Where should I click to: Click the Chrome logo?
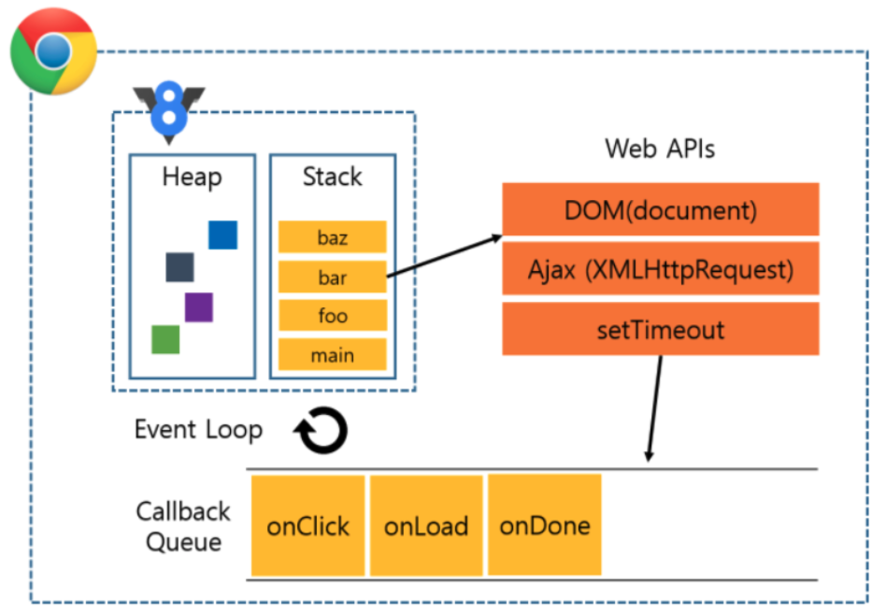[x=52, y=52]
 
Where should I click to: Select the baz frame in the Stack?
[x=332, y=237]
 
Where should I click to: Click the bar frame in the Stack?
[x=332, y=277]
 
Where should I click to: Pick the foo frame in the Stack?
[x=332, y=316]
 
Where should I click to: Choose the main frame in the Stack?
[x=332, y=355]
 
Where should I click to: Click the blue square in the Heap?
[x=222, y=235]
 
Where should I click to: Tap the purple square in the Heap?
[x=198, y=306]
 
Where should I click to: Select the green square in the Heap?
[x=165, y=339]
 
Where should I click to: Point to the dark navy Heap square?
[x=179, y=266]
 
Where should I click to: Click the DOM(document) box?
[x=660, y=209]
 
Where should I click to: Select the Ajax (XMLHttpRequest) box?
[x=660, y=270]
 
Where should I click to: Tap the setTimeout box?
[x=660, y=329]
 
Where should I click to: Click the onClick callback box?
[x=308, y=525]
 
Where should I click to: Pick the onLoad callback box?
[x=426, y=525]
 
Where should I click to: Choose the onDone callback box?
[x=545, y=524]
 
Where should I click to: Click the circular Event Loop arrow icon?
[x=321, y=432]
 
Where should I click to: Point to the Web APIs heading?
[x=660, y=149]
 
